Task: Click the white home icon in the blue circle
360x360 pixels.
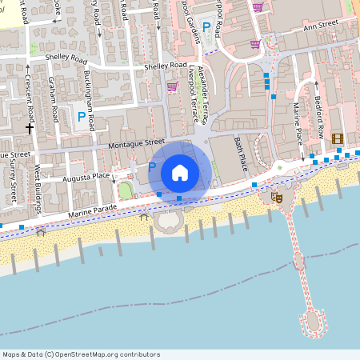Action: (x=180, y=172)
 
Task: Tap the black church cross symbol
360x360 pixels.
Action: (x=30, y=127)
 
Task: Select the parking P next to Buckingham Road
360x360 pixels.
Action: (x=81, y=117)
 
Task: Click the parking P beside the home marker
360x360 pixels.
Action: (x=151, y=166)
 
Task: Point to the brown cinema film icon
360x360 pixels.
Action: (x=338, y=139)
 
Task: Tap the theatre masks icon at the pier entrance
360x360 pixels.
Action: (x=277, y=196)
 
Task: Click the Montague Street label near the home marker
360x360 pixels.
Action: (x=135, y=146)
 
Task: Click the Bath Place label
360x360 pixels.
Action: (x=240, y=154)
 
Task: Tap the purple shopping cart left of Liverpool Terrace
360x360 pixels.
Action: (x=171, y=86)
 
